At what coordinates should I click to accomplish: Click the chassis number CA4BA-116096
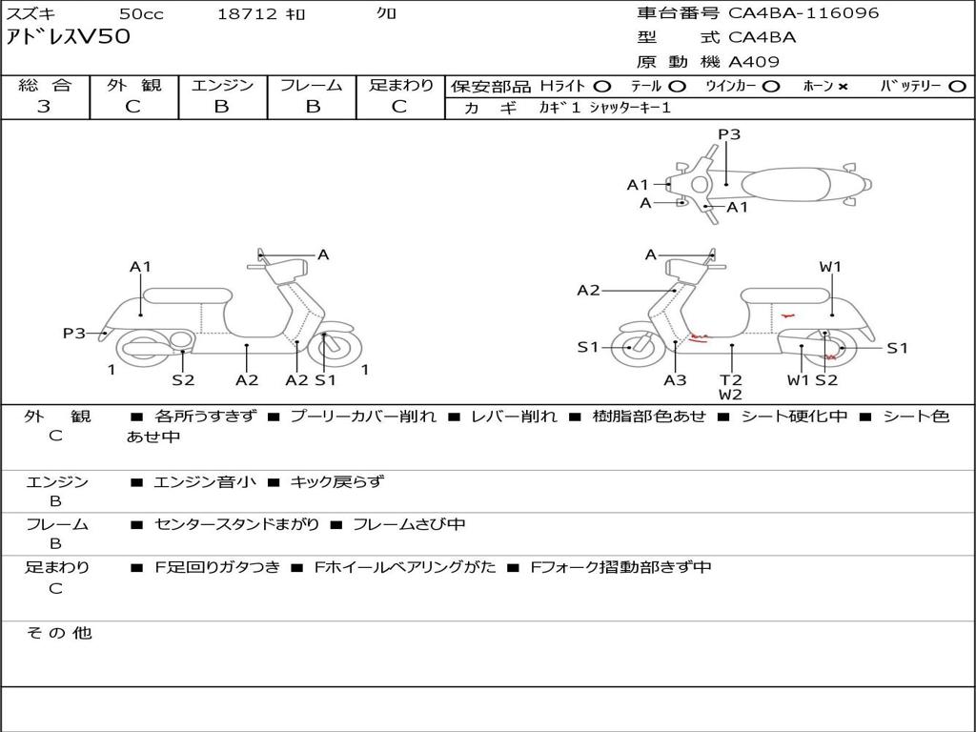(803, 13)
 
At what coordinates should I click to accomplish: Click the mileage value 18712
(246, 14)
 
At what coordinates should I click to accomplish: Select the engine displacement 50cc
(140, 14)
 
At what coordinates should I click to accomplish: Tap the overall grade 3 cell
(44, 107)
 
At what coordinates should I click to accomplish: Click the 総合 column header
(44, 86)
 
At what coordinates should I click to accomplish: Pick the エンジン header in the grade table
(222, 86)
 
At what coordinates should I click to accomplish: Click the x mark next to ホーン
(843, 87)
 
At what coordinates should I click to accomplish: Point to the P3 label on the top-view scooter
(729, 134)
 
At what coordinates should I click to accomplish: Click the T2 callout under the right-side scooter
(731, 379)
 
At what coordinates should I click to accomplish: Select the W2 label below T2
(731, 395)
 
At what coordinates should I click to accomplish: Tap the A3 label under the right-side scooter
(675, 380)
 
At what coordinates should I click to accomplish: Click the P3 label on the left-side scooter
(73, 334)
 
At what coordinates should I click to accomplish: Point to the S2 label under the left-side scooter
(183, 380)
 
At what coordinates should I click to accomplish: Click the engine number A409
(754, 62)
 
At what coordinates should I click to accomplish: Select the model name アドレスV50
(69, 38)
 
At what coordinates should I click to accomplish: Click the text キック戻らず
(336, 482)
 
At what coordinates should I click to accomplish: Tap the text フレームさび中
(409, 525)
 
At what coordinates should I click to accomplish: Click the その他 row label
(59, 633)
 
